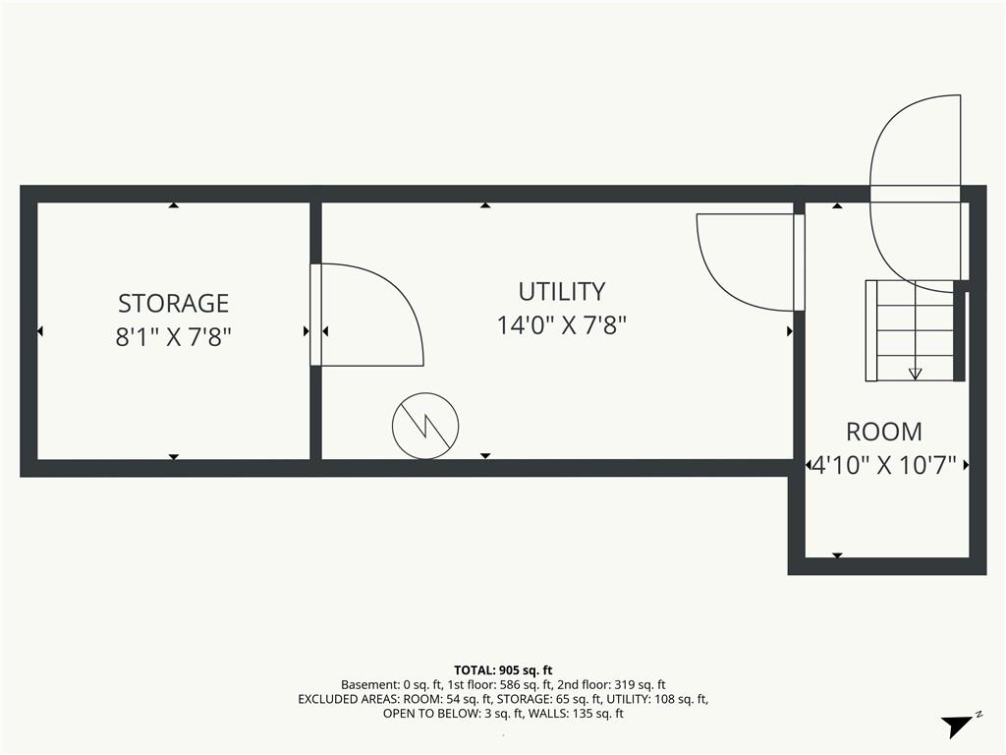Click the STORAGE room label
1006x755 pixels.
(x=173, y=303)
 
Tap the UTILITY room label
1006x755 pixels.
(x=561, y=291)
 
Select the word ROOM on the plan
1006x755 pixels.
(x=884, y=432)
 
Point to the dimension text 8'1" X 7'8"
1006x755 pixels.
(x=173, y=336)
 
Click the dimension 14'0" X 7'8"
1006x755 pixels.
(x=561, y=324)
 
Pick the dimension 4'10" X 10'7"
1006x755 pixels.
(x=884, y=464)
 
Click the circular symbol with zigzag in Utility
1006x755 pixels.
(x=425, y=426)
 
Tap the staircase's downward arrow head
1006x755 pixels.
(x=915, y=374)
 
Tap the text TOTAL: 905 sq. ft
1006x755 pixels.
(x=503, y=670)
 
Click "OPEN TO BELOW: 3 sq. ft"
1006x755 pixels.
(x=453, y=714)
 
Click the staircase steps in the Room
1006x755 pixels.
(x=911, y=330)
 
